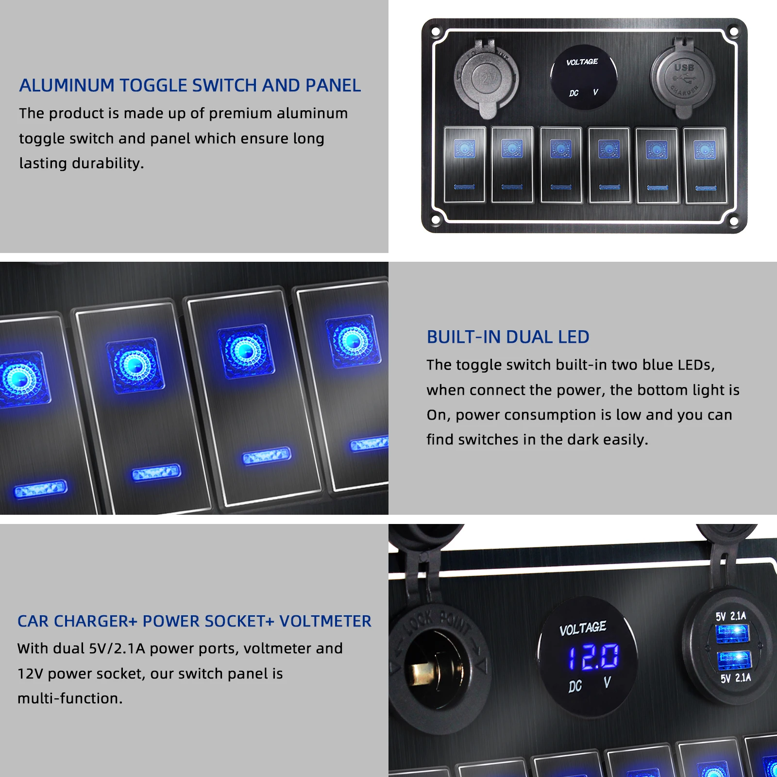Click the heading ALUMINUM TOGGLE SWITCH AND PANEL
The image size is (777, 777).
pyautogui.click(x=190, y=85)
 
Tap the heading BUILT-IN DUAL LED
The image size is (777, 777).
pyautogui.click(x=507, y=337)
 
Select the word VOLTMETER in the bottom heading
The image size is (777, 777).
pyautogui.click(x=325, y=621)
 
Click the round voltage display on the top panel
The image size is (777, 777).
pyautogui.click(x=584, y=77)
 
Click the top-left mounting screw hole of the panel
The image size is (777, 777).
pyautogui.click(x=436, y=33)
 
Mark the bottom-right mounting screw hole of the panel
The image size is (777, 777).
pyautogui.click(x=734, y=221)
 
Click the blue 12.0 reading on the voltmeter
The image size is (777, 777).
pyautogui.click(x=594, y=657)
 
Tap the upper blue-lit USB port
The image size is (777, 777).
pyautogui.click(x=732, y=634)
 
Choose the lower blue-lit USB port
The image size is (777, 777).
pyautogui.click(x=734, y=661)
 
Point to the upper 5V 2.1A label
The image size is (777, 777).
pyautogui.click(x=730, y=616)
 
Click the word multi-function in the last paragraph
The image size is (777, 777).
pyautogui.click(x=70, y=699)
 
